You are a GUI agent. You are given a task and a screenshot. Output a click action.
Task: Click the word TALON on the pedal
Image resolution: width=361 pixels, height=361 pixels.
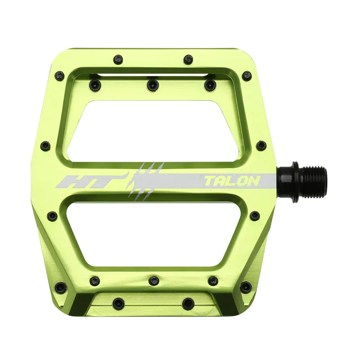(x=232, y=181)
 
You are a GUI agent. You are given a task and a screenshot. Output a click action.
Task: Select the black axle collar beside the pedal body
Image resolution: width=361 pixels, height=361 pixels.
(x=285, y=181)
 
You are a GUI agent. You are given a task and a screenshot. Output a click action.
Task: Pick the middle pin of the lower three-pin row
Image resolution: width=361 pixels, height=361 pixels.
(x=154, y=281)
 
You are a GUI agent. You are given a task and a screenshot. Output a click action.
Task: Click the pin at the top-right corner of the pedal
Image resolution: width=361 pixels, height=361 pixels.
(x=247, y=75)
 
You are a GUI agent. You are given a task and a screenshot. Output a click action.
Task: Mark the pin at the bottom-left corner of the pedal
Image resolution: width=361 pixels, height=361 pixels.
(x=60, y=287)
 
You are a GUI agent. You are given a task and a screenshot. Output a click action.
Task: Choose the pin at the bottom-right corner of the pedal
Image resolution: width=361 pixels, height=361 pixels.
(x=246, y=287)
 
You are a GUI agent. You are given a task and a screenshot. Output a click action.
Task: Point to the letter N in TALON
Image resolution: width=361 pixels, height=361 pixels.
(x=253, y=181)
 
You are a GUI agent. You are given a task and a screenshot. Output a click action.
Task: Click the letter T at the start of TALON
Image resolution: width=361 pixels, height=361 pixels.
(x=210, y=181)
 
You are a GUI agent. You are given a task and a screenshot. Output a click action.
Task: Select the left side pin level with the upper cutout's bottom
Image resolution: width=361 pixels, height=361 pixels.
(x=45, y=146)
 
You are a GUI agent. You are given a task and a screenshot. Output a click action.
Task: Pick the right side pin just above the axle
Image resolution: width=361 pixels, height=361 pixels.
(x=261, y=145)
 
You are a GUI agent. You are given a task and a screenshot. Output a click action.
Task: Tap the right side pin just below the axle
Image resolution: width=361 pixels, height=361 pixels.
(x=255, y=216)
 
